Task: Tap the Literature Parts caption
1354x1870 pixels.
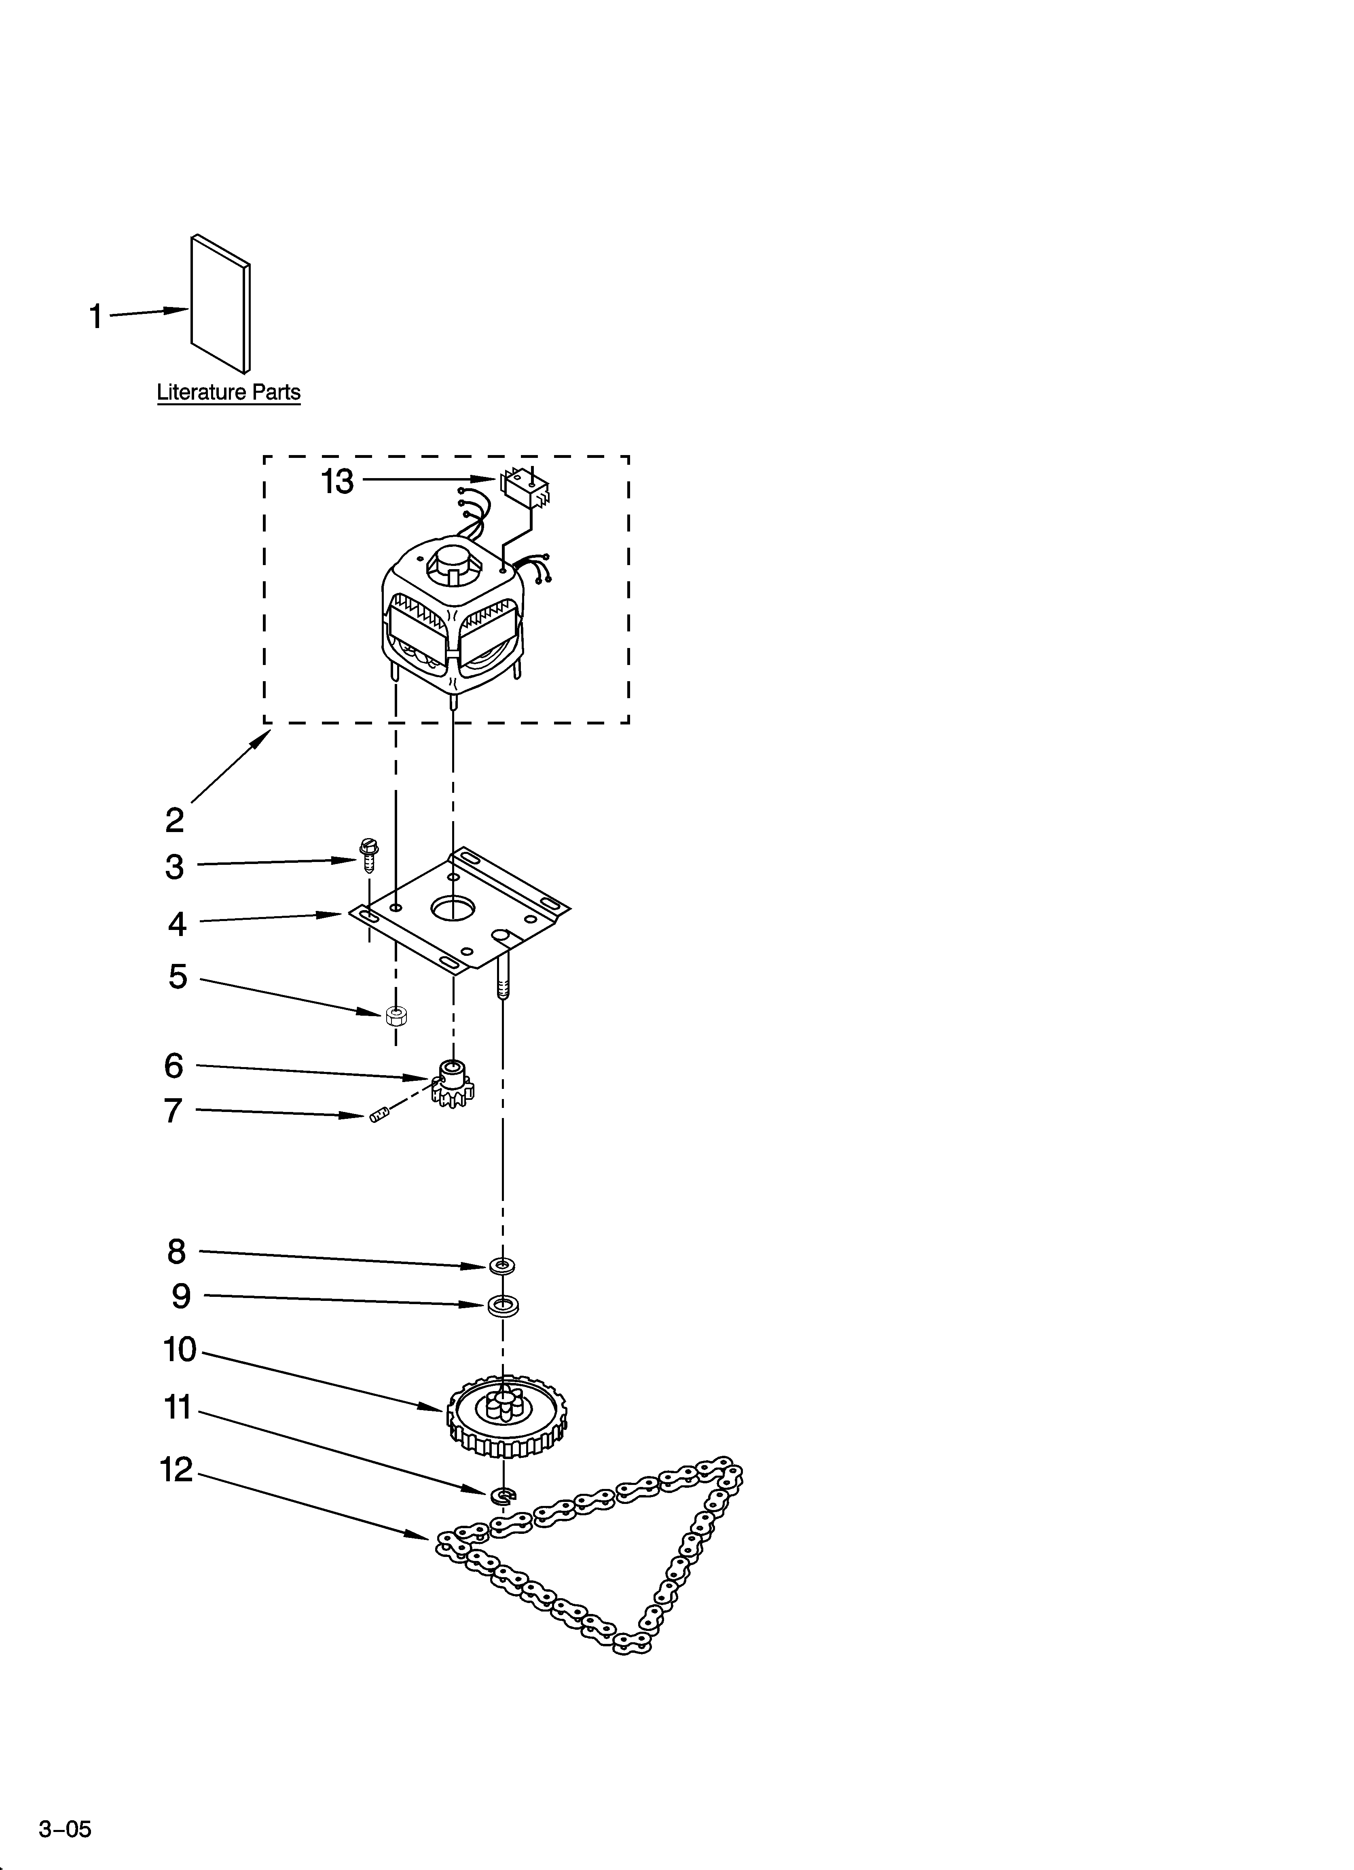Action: coord(228,392)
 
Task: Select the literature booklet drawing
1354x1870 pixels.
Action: coord(220,303)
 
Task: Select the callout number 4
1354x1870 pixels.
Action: coord(177,924)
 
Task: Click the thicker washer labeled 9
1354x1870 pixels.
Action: coord(503,1306)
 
